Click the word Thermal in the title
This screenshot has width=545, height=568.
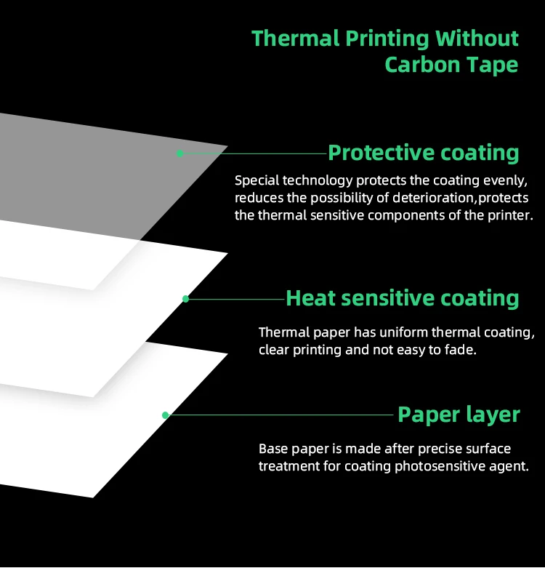pos(295,39)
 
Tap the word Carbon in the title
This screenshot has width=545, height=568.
pos(422,65)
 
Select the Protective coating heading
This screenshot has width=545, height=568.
pos(424,153)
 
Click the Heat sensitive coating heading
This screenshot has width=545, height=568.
pos(403,298)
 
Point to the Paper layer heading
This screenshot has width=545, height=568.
pos(459,415)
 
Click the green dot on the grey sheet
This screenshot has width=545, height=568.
pos(179,153)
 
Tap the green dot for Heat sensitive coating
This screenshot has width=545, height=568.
pos(185,299)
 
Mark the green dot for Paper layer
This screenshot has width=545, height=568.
pos(166,415)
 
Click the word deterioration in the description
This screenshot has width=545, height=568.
pos(433,198)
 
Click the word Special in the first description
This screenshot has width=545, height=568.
pos(257,181)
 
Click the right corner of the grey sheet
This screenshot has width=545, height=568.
pos(227,146)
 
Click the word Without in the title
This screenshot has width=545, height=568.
pos(477,39)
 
